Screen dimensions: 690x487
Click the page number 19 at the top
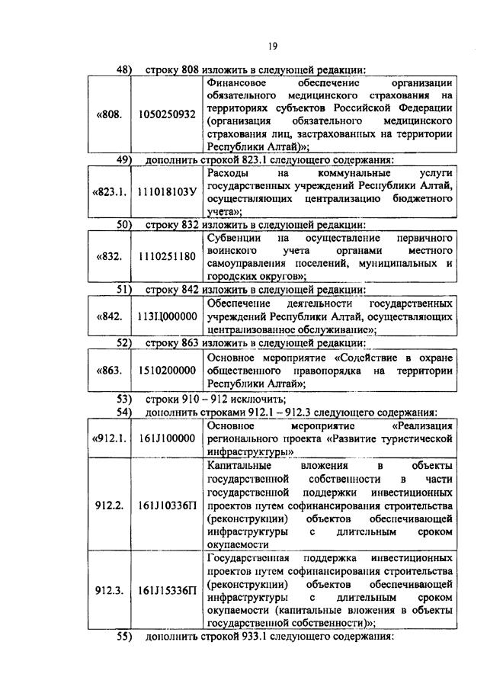272,44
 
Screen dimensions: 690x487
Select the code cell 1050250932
167,114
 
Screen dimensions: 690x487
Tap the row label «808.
109,114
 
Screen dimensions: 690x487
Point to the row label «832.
109,256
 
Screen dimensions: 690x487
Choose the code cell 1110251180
167,256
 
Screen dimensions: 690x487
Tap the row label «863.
109,371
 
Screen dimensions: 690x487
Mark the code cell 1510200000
167,371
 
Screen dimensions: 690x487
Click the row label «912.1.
110,438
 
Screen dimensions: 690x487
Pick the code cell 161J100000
167,438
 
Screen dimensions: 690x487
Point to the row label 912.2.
110,505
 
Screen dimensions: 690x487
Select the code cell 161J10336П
167,505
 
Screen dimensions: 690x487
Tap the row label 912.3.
110,590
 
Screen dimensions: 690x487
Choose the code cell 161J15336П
167,590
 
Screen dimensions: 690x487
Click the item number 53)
125,399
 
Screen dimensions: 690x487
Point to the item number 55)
125,637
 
